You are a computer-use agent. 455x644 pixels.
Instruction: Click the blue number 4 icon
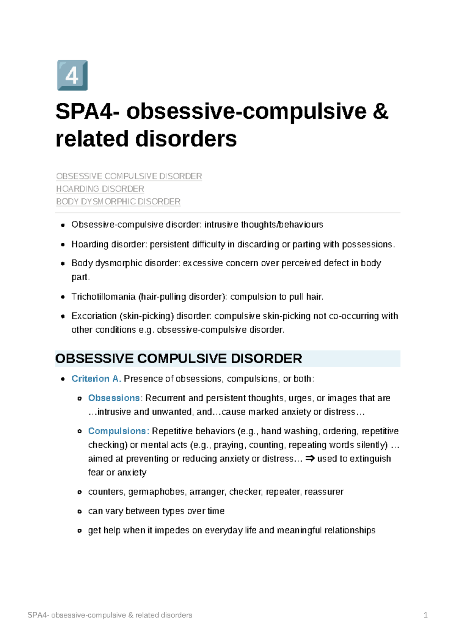pyautogui.click(x=72, y=75)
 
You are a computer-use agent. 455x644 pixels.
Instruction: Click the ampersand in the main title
pyautogui.click(x=380, y=112)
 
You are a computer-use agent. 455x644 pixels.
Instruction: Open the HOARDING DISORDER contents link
pyautogui.click(x=100, y=189)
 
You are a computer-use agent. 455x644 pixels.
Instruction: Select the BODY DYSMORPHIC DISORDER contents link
pyautogui.click(x=118, y=201)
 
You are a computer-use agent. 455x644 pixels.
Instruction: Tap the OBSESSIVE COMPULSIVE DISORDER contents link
pyautogui.click(x=129, y=176)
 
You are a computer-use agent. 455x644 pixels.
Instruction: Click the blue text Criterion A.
pyautogui.click(x=96, y=379)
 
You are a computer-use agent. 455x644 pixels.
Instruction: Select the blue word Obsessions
pyautogui.click(x=114, y=398)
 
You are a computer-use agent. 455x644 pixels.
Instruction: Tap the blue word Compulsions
pyautogui.click(x=117, y=431)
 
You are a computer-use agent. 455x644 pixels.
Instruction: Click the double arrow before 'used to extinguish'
pyautogui.click(x=310, y=459)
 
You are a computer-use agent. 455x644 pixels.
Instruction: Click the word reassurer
pyautogui.click(x=324, y=492)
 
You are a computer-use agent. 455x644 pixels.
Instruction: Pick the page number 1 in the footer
pyautogui.click(x=425, y=615)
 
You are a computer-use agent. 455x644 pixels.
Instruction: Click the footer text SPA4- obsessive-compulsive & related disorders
pyautogui.click(x=110, y=615)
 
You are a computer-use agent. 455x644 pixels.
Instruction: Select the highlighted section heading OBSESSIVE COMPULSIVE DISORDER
pyautogui.click(x=179, y=359)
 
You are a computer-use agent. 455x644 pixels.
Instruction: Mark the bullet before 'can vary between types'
pyautogui.click(x=79, y=511)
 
